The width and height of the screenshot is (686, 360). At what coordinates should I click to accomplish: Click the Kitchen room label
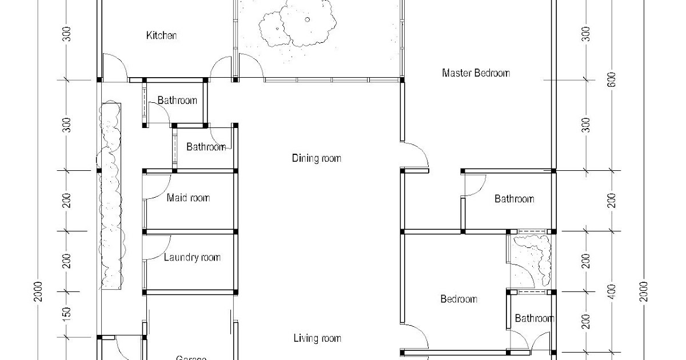[162, 35]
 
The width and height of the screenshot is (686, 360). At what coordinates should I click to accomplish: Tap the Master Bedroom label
[476, 73]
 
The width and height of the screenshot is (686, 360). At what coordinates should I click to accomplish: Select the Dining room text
[316, 158]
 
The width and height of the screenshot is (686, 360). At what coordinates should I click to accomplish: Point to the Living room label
[317, 338]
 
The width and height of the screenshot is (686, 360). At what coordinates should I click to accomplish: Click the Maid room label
[188, 198]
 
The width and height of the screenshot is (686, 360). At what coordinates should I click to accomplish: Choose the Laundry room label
[192, 257]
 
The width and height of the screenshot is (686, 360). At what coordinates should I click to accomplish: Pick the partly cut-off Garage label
[191, 357]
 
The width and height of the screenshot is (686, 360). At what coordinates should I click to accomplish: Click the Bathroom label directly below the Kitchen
[177, 101]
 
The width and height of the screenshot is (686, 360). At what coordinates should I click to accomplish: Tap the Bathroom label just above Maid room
[206, 147]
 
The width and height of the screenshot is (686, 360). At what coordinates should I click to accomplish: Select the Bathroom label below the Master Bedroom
[514, 199]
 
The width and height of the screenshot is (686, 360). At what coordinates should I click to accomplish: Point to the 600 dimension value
[612, 79]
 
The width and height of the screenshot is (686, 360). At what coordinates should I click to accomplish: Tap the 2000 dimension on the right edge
[644, 293]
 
